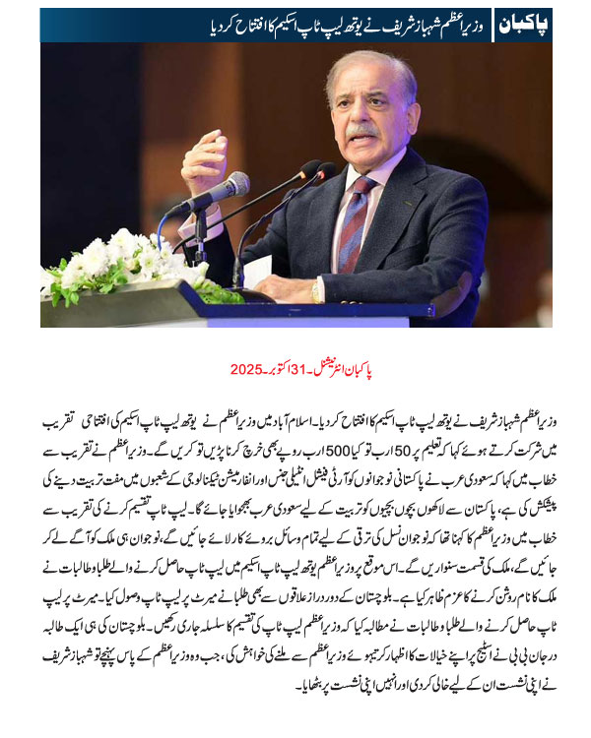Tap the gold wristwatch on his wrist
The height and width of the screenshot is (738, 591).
coord(316,291)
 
